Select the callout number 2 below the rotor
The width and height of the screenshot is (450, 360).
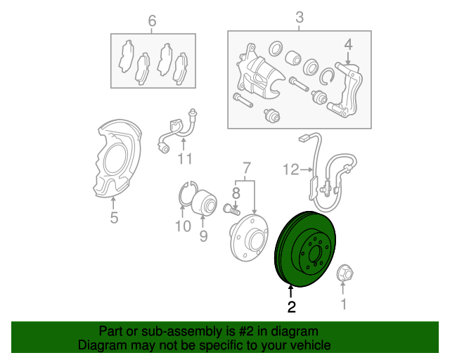290,306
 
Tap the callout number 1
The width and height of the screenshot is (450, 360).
344,304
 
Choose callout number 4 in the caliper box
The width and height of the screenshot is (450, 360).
347,46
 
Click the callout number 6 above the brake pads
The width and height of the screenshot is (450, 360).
151,21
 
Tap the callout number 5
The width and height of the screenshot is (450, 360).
114,219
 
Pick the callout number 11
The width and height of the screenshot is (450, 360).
184,159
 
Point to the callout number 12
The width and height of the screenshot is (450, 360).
291,169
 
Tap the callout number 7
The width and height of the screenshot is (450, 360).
247,168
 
